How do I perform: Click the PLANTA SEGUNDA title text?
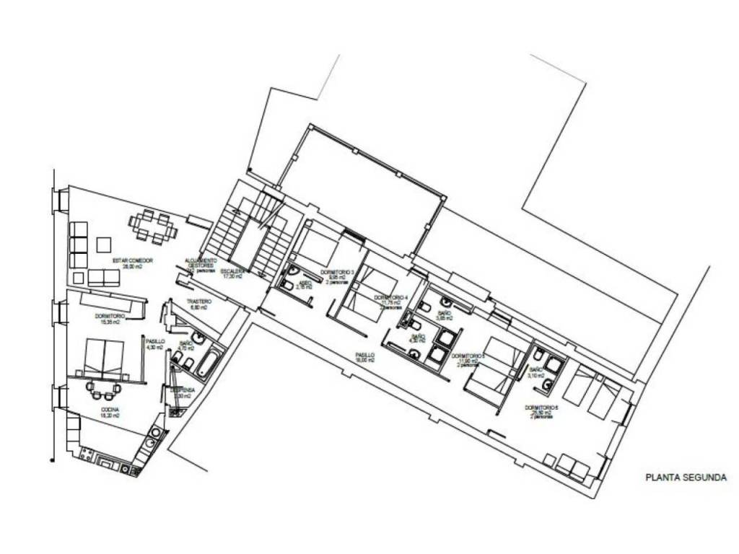(685, 477)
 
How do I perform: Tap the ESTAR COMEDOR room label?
(132, 260)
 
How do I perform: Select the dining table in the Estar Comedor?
(153, 227)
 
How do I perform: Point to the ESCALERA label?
(232, 272)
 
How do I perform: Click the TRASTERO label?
(198, 302)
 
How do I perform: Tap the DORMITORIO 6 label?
(543, 408)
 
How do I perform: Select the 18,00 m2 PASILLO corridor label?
(365, 355)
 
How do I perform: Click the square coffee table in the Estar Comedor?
(104, 244)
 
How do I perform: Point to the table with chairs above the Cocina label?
(102, 390)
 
